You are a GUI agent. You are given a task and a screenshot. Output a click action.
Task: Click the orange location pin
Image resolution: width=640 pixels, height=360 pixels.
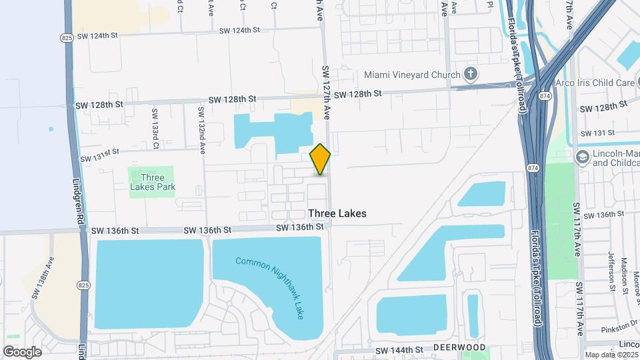[321, 159]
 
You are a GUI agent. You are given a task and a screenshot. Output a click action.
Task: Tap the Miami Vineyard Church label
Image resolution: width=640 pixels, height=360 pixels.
[413, 74]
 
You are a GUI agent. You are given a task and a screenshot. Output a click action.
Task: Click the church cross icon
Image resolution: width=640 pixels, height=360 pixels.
[471, 73]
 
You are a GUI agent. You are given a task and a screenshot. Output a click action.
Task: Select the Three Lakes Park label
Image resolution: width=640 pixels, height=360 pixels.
[153, 182]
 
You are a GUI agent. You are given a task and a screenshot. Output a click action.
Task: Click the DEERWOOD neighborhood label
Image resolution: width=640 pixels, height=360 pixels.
[459, 348]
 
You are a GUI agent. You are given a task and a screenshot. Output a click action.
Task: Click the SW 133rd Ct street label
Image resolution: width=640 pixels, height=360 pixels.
[155, 129]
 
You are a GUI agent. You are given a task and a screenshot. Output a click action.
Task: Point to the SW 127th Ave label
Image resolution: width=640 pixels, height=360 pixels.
[326, 92]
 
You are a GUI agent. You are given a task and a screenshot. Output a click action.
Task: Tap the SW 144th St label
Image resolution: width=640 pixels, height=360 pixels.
[399, 350]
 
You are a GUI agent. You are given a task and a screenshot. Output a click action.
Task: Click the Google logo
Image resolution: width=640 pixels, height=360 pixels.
[22, 351]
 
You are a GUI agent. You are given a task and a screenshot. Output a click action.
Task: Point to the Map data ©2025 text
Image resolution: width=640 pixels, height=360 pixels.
[611, 355]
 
